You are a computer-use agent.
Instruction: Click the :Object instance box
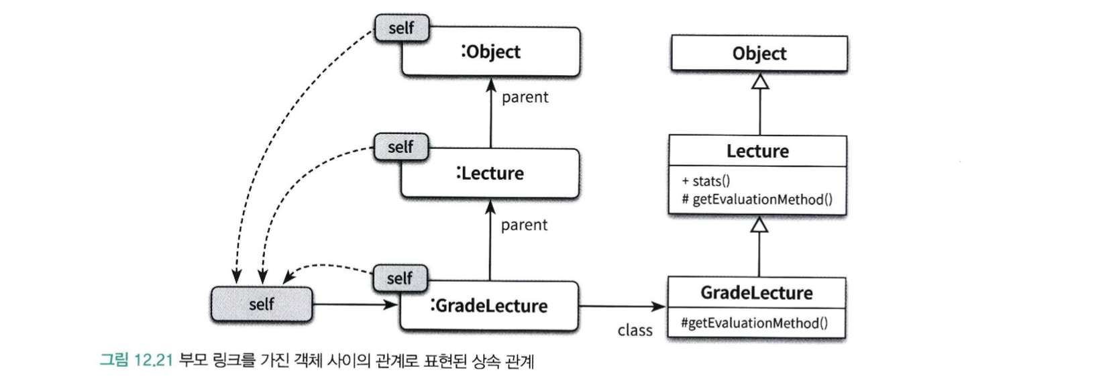click(x=491, y=52)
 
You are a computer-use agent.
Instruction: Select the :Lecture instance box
click(x=490, y=173)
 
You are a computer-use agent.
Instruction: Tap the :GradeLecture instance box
click(x=488, y=306)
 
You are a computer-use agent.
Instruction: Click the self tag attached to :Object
click(x=401, y=28)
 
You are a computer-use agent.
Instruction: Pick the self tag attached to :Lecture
click(x=401, y=147)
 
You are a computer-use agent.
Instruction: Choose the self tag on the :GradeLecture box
click(x=400, y=278)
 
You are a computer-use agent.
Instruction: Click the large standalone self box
click(x=262, y=304)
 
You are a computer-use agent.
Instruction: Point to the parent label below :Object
click(x=525, y=97)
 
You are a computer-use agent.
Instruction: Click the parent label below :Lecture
click(x=524, y=225)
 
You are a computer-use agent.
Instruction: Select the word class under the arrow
click(x=635, y=331)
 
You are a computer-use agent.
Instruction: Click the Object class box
click(x=759, y=54)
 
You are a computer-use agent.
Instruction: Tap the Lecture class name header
click(x=757, y=152)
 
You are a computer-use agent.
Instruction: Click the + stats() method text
click(x=706, y=181)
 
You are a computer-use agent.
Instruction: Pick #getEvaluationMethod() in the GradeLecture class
click(x=754, y=323)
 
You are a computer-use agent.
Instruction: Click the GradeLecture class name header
click(x=756, y=293)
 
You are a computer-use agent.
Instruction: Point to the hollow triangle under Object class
click(x=759, y=81)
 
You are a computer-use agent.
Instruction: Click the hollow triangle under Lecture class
click(x=759, y=225)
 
